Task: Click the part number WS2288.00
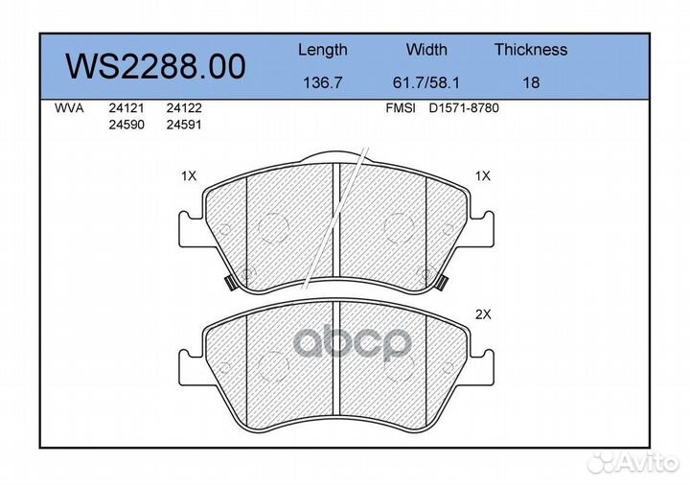pyautogui.click(x=155, y=67)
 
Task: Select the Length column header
pyautogui.click(x=323, y=50)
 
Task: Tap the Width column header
pyautogui.click(x=426, y=49)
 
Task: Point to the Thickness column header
pyautogui.click(x=531, y=49)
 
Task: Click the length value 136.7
pyautogui.click(x=323, y=82)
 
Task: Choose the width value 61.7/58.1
pyautogui.click(x=425, y=82)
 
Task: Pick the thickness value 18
pyautogui.click(x=531, y=82)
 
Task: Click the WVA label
pyautogui.click(x=69, y=108)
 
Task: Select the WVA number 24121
pyautogui.click(x=126, y=108)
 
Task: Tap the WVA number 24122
pyautogui.click(x=184, y=108)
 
